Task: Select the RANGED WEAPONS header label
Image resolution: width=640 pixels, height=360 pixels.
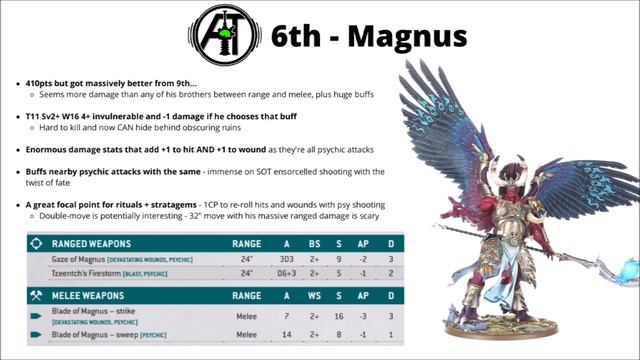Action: tap(96, 243)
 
